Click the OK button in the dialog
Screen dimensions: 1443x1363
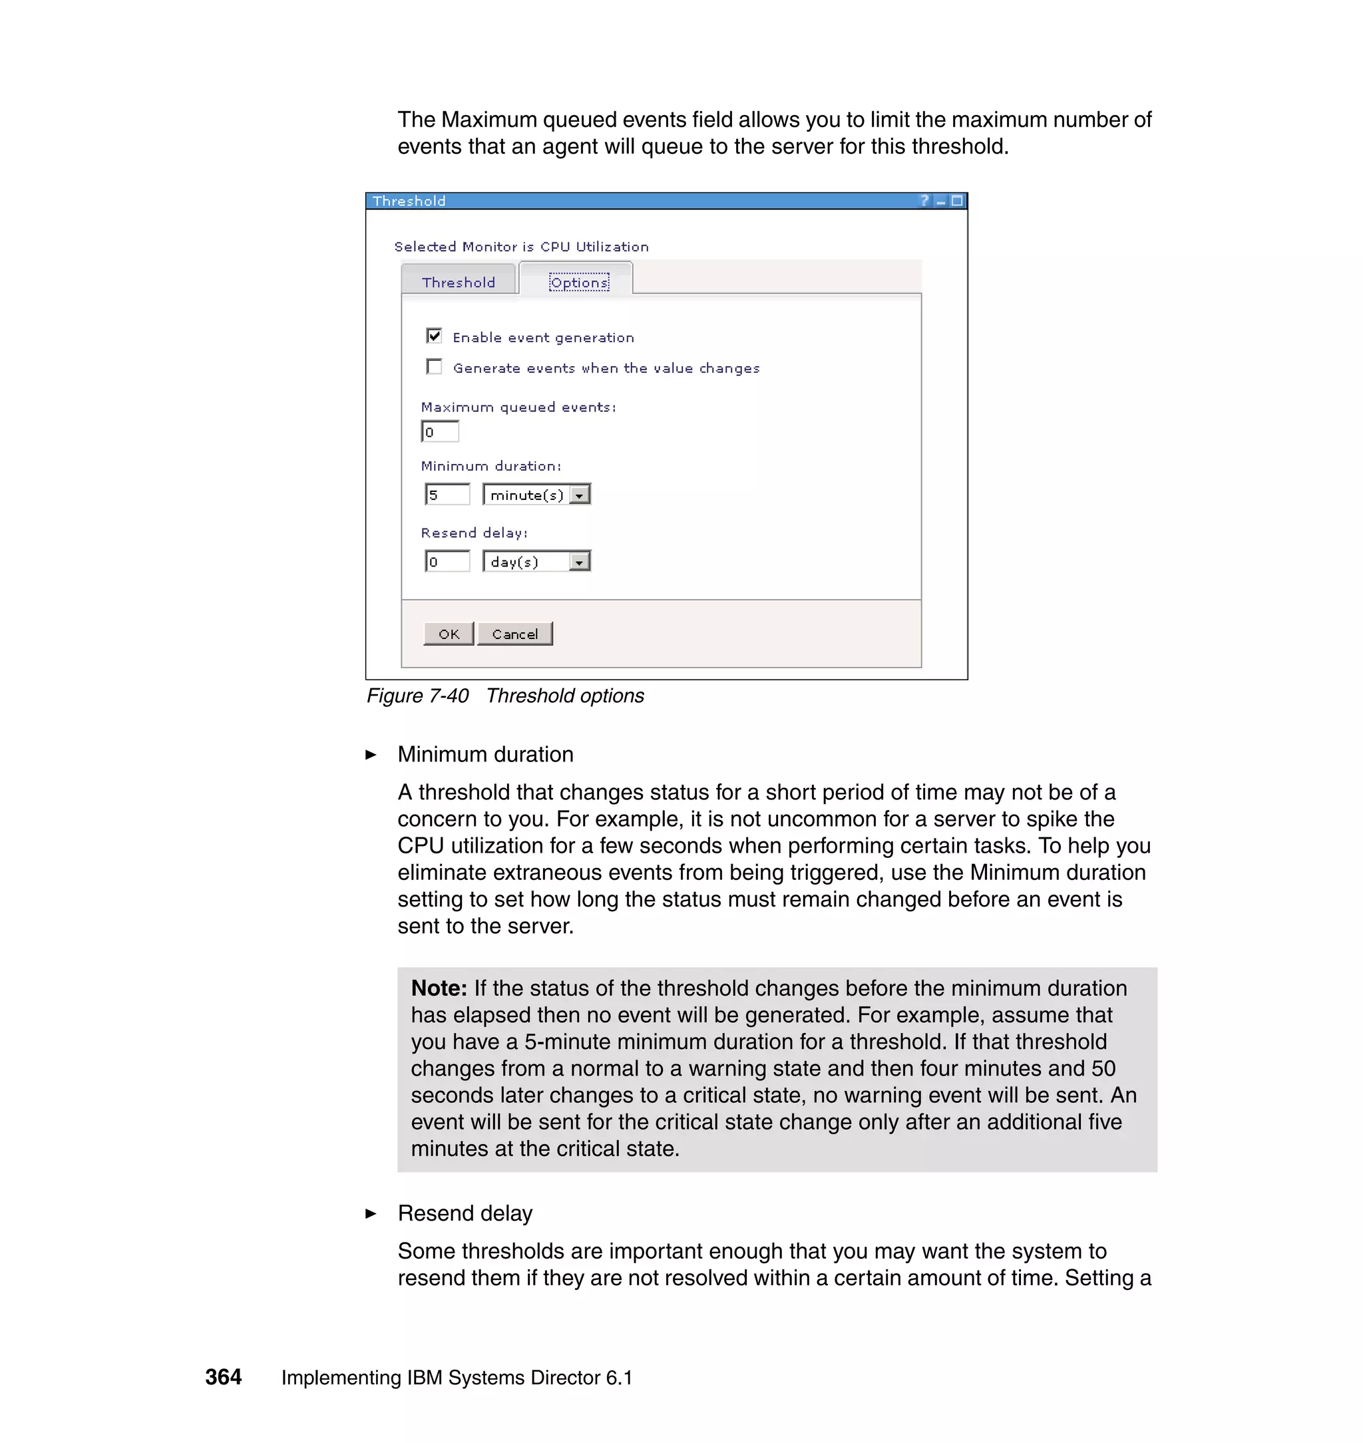(449, 634)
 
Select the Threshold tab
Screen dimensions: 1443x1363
(459, 282)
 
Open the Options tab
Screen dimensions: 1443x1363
(578, 282)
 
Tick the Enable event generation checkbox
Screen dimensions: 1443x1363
(435, 335)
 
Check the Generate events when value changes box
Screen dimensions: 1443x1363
(435, 367)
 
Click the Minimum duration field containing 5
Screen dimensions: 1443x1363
(447, 495)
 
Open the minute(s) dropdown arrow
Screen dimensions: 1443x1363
(579, 495)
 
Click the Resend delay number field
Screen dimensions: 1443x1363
(447, 562)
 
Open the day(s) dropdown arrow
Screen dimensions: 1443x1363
(579, 562)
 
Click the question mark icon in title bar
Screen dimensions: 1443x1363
(924, 200)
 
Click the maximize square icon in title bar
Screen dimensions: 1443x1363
(957, 200)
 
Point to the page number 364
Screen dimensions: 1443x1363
(223, 1377)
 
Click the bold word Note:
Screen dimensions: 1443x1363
(439, 988)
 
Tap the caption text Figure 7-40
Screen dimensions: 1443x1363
(418, 696)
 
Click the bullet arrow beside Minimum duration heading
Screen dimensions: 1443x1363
(371, 755)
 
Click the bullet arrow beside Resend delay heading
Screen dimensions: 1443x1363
(371, 1213)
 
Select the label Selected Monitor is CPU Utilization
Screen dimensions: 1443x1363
(521, 247)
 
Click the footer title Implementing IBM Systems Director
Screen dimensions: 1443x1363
(457, 1378)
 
